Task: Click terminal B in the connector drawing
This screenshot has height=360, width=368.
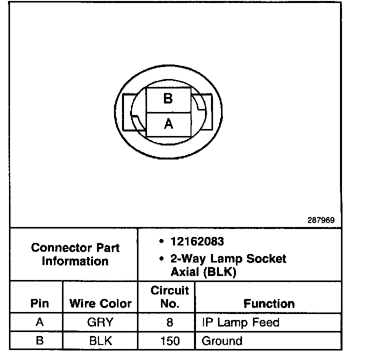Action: coord(168,98)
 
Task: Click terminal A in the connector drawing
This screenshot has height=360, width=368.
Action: coord(168,124)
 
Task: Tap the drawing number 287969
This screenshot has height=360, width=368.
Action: coord(321,219)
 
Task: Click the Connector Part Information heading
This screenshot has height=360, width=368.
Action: coord(75,254)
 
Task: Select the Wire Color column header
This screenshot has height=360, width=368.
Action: coord(100,303)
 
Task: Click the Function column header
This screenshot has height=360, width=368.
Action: coord(269,303)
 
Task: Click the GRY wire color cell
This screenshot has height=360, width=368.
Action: coord(100,322)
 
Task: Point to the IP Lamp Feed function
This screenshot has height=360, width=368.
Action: coord(240,322)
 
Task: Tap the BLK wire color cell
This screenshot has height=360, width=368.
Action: coord(100,341)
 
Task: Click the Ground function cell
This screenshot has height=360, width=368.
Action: coord(222,341)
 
